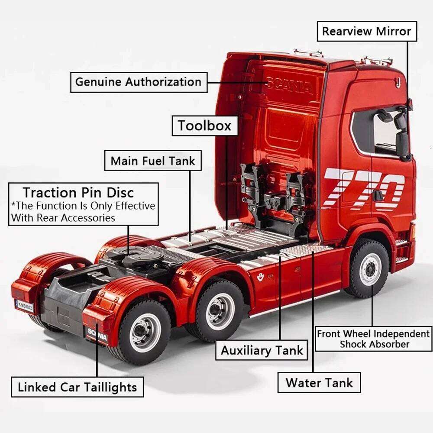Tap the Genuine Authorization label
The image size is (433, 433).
pos(138,81)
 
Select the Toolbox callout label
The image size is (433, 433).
pos(205,126)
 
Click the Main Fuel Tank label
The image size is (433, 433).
pos(153,161)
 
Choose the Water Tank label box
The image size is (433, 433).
pos(319,382)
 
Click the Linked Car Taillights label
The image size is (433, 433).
pos(77,387)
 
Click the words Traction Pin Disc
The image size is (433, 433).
pos(78,192)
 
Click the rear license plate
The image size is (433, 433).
pos(24,305)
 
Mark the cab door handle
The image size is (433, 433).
pos(378,195)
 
